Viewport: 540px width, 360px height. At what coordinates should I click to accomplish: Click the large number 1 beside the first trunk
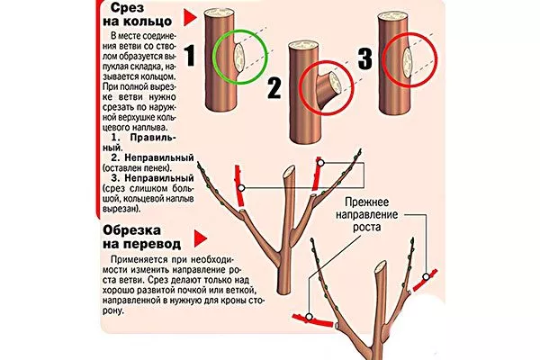pos(190,55)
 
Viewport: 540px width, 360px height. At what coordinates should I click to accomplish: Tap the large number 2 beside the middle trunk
pos(274,88)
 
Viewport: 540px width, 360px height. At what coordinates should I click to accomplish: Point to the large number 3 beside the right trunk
pos(365,58)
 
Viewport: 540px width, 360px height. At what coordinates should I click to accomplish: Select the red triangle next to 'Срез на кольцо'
pos(190,18)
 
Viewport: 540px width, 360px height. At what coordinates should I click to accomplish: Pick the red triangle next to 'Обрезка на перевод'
pos(200,238)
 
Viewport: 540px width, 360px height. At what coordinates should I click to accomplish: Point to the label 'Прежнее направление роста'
pos(367,214)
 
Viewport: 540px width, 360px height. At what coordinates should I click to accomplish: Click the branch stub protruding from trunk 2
pos(328,89)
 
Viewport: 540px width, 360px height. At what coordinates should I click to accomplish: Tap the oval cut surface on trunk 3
pos(408,62)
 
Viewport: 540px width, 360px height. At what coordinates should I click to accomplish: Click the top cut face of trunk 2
pos(304,45)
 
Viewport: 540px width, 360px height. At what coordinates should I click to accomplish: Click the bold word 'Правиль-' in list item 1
pos(153,138)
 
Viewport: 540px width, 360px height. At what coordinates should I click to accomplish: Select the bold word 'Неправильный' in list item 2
pos(159,158)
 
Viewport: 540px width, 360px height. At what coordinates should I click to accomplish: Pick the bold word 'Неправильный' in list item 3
pos(159,178)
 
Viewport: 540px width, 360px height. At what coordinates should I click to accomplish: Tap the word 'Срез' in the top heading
pos(123,7)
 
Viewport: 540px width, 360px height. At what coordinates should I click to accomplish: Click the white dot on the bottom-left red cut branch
pos(309,317)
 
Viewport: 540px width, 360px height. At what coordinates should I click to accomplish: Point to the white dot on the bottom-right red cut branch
pos(427,276)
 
